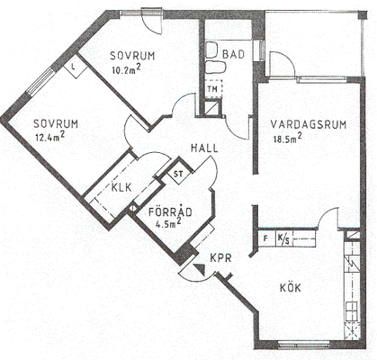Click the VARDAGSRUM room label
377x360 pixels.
point(309,124)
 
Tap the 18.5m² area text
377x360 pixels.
point(287,138)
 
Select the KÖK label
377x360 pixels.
point(291,288)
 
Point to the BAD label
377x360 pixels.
point(234,55)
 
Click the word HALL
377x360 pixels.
point(204,148)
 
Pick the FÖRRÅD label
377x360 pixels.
point(170,211)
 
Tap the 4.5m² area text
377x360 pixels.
point(168,223)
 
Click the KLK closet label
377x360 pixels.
point(121,187)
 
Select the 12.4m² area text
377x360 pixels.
point(49,137)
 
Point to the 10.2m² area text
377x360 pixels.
point(126,69)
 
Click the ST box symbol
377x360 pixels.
point(178,174)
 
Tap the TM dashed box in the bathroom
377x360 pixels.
point(214,89)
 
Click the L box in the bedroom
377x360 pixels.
point(76,66)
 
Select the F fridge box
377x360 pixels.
point(266,238)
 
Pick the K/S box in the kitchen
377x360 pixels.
point(283,238)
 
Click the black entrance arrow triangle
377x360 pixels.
point(200,269)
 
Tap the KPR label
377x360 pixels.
point(220,258)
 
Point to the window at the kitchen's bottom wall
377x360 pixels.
point(303,345)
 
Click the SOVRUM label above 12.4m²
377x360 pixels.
point(56,124)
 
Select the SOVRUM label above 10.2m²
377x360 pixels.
point(132,56)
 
